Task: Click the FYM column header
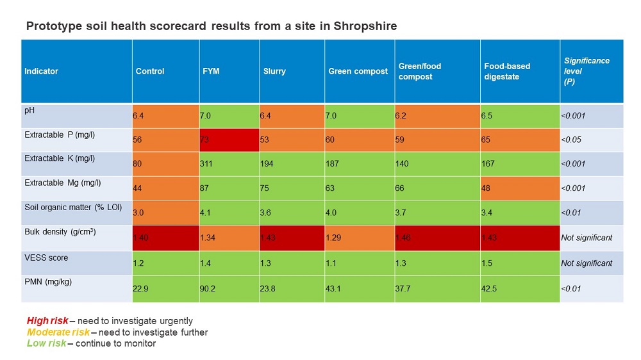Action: click(211, 71)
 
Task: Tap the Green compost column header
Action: click(358, 71)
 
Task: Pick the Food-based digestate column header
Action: click(506, 71)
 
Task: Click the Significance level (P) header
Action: click(587, 71)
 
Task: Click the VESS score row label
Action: click(46, 258)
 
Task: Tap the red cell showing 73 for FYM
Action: click(229, 139)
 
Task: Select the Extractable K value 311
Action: click(209, 164)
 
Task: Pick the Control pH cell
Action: click(165, 116)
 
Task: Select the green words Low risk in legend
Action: click(46, 343)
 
